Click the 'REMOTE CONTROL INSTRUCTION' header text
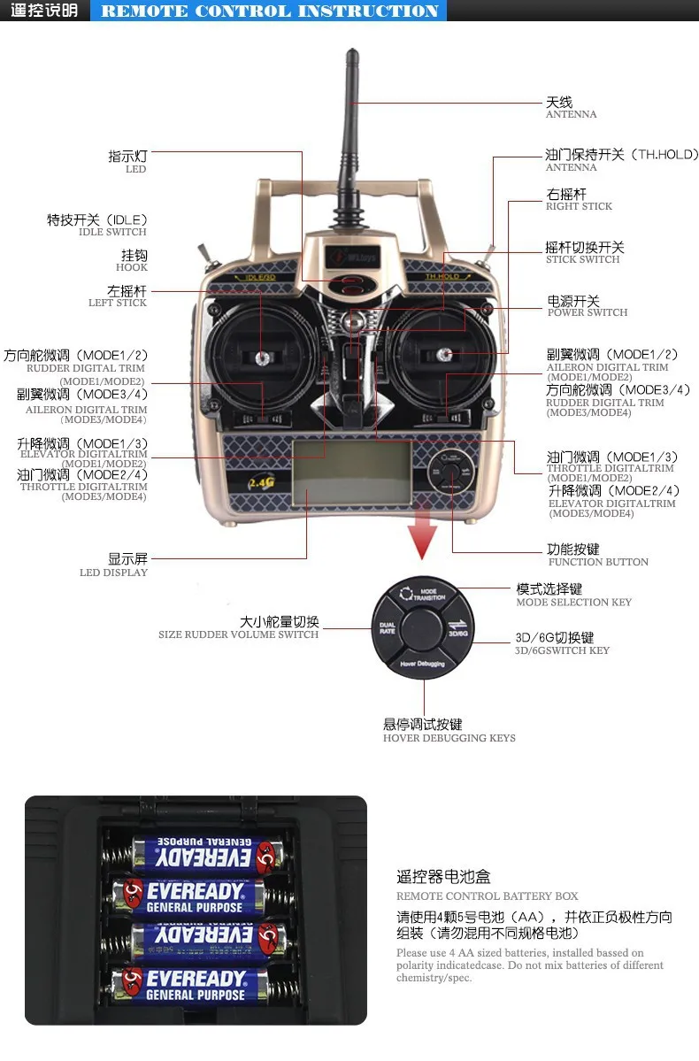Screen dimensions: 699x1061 (270, 12)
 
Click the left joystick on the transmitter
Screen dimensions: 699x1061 (263, 358)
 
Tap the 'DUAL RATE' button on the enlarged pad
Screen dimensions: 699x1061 (388, 628)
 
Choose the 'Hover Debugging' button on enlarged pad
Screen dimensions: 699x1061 (422, 663)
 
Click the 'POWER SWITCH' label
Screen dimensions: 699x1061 (588, 312)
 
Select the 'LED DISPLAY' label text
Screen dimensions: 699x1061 (114, 573)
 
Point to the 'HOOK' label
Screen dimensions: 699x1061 (132, 267)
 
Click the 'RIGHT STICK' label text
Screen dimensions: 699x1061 (579, 206)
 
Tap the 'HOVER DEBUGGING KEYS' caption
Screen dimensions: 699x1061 (449, 738)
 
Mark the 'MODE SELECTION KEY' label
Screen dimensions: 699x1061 (573, 603)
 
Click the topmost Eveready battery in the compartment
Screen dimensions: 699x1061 (204, 854)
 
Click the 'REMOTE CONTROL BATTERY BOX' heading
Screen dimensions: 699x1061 (487, 896)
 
